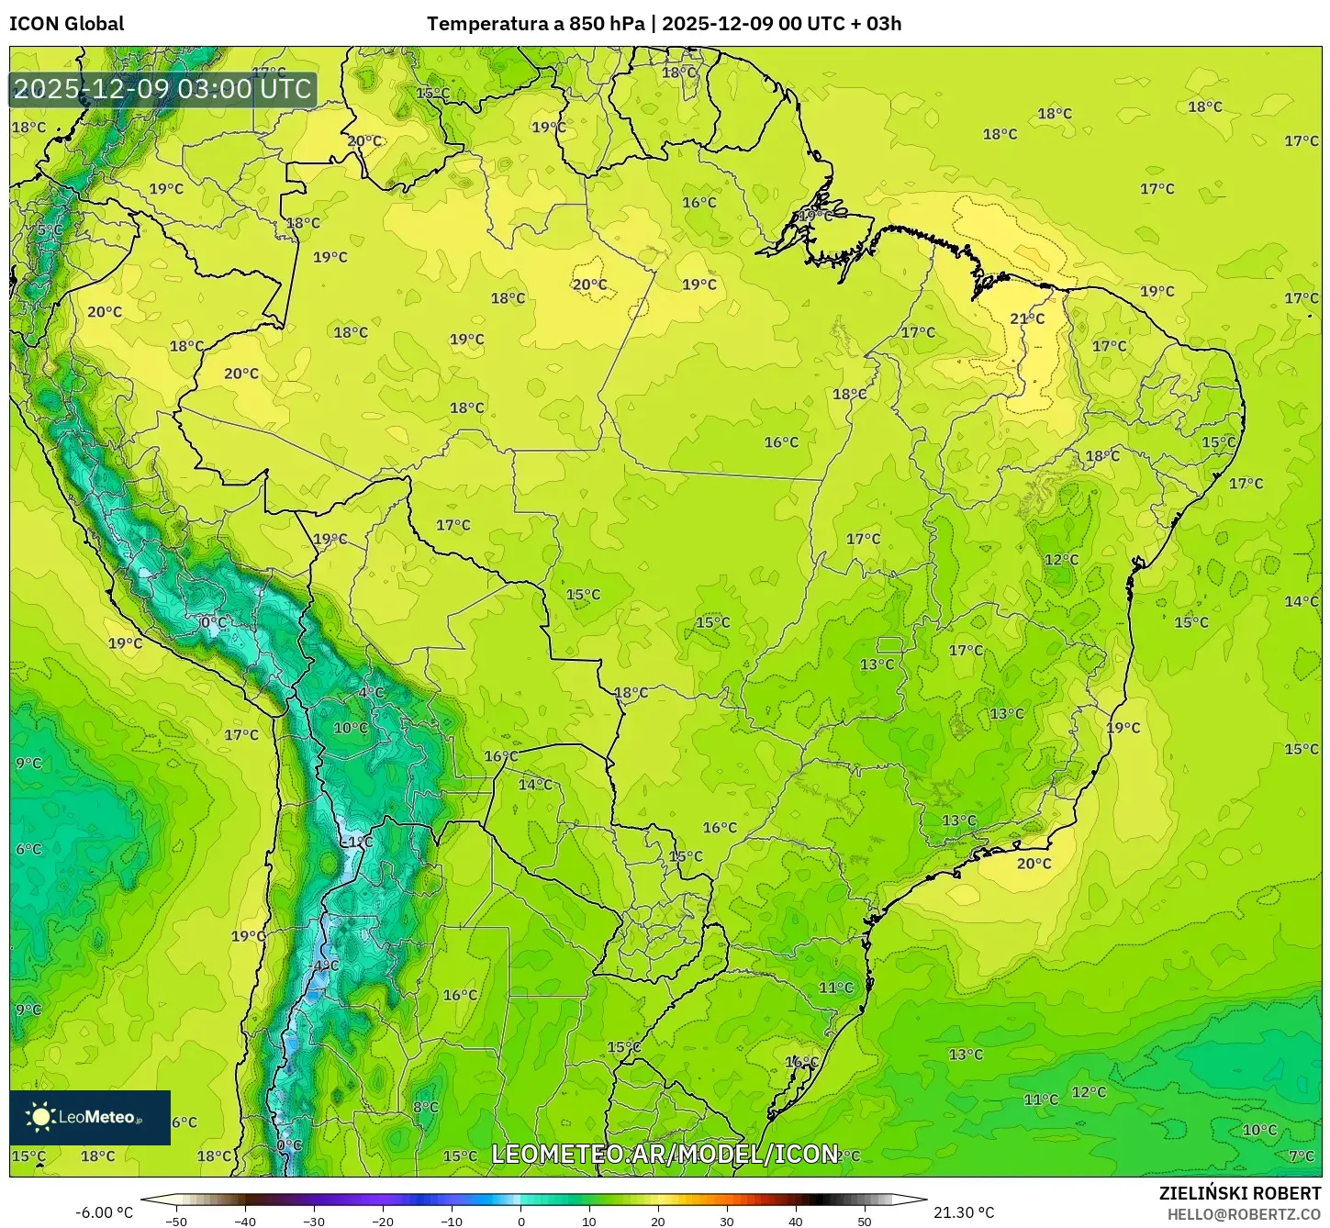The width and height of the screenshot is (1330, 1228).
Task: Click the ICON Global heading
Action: pos(66,24)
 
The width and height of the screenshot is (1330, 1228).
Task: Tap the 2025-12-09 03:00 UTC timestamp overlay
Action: pos(162,89)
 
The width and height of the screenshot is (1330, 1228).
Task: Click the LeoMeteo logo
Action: pos(90,1117)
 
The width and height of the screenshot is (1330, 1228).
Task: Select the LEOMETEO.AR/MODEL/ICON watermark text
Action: pos(665,1154)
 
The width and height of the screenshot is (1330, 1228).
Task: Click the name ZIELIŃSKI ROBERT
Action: pos(1239,1193)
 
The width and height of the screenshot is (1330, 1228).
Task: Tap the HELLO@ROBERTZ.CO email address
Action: pos(1244,1214)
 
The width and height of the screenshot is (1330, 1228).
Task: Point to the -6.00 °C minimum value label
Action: pos(104,1212)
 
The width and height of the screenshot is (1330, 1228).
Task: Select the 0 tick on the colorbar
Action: pos(520,1222)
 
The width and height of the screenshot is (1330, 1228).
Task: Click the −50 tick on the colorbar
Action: pos(175,1222)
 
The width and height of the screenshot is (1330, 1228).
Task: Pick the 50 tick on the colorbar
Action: pos(865,1222)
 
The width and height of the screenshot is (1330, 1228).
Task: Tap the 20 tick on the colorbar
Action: pos(658,1222)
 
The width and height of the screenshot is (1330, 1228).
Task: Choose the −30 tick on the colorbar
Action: pos(313,1222)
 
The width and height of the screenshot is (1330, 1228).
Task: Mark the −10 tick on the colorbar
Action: pos(451,1222)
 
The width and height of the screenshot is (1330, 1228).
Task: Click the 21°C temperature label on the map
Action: pos(1027,318)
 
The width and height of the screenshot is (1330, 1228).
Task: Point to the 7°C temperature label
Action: pos(1302,1156)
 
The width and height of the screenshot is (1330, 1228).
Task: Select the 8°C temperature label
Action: pos(425,1107)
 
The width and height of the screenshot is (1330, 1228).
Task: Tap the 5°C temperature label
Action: pos(49,229)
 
